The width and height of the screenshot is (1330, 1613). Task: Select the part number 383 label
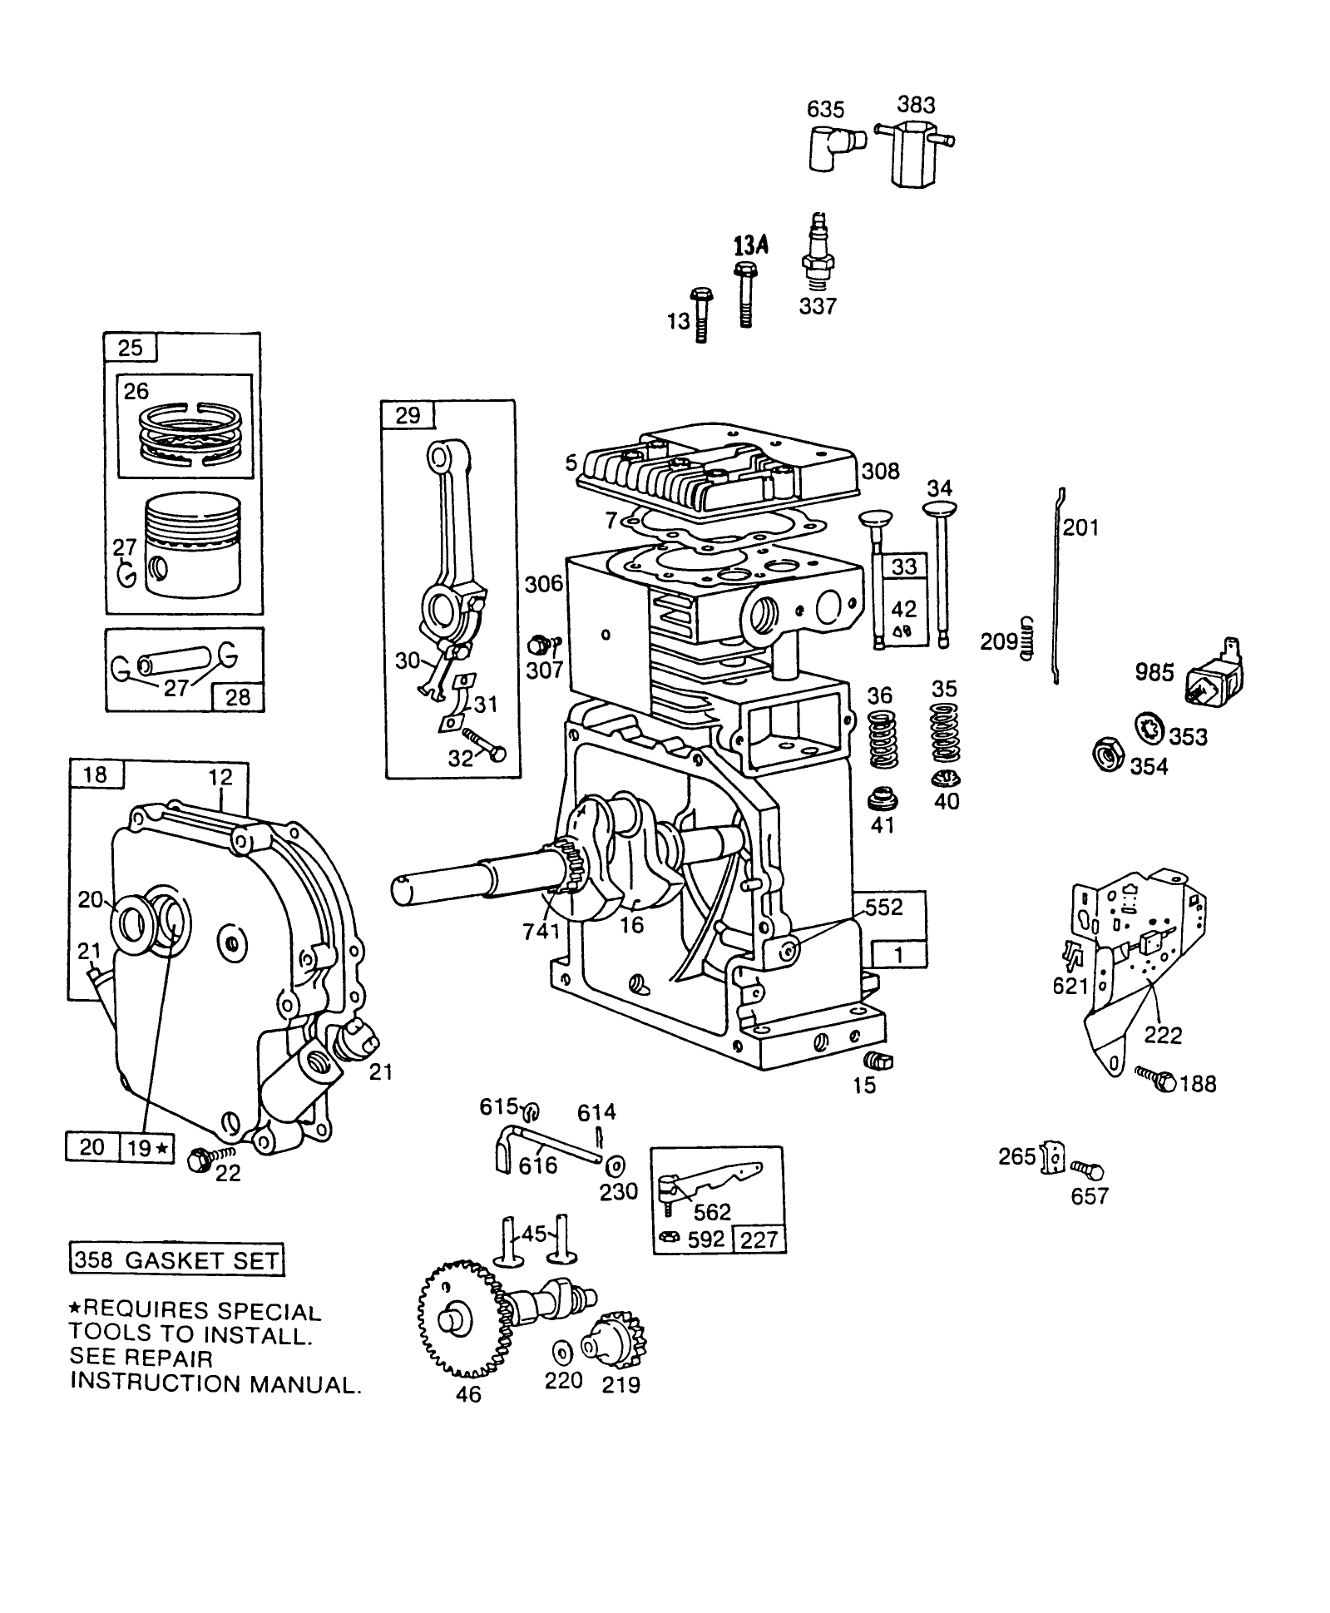916,105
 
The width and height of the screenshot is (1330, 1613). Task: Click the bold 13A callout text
749,245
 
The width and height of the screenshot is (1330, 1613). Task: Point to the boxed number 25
131,347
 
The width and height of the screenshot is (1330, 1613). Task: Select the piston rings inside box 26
187,434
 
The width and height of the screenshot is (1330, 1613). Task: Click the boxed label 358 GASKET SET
176,1260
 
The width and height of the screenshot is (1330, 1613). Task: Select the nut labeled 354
1108,755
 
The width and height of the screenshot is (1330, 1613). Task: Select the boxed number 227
758,1239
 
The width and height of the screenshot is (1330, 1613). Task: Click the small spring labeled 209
1028,639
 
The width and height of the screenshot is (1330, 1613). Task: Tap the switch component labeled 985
1214,679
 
